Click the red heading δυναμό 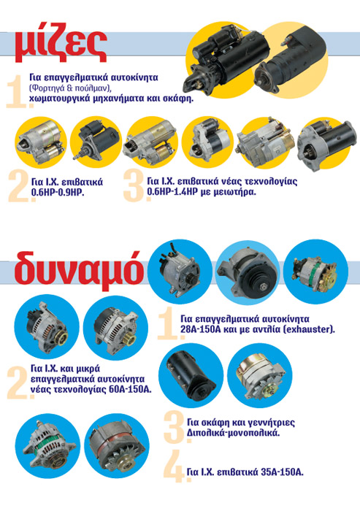(x=79, y=271)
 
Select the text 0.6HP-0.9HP (x=58, y=192)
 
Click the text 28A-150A (x=201, y=329)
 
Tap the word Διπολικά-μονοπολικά (x=234, y=434)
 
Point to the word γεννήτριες (x=270, y=423)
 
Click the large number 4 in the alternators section (x=175, y=466)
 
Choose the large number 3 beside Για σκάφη (x=175, y=427)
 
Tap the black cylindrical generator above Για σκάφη (x=191, y=374)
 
